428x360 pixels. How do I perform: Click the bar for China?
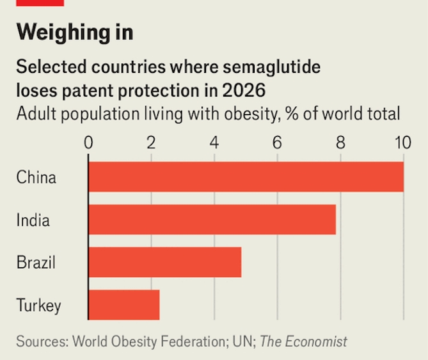246,177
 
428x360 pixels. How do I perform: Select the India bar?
212,220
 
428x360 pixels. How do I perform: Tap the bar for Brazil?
164,262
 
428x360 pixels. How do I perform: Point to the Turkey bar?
123,305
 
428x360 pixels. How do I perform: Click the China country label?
36,177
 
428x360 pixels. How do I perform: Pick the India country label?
33,220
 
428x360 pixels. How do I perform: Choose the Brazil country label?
36,262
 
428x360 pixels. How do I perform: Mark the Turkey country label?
39,306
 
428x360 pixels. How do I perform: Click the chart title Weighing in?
75,31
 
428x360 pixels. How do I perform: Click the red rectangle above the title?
40,3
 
